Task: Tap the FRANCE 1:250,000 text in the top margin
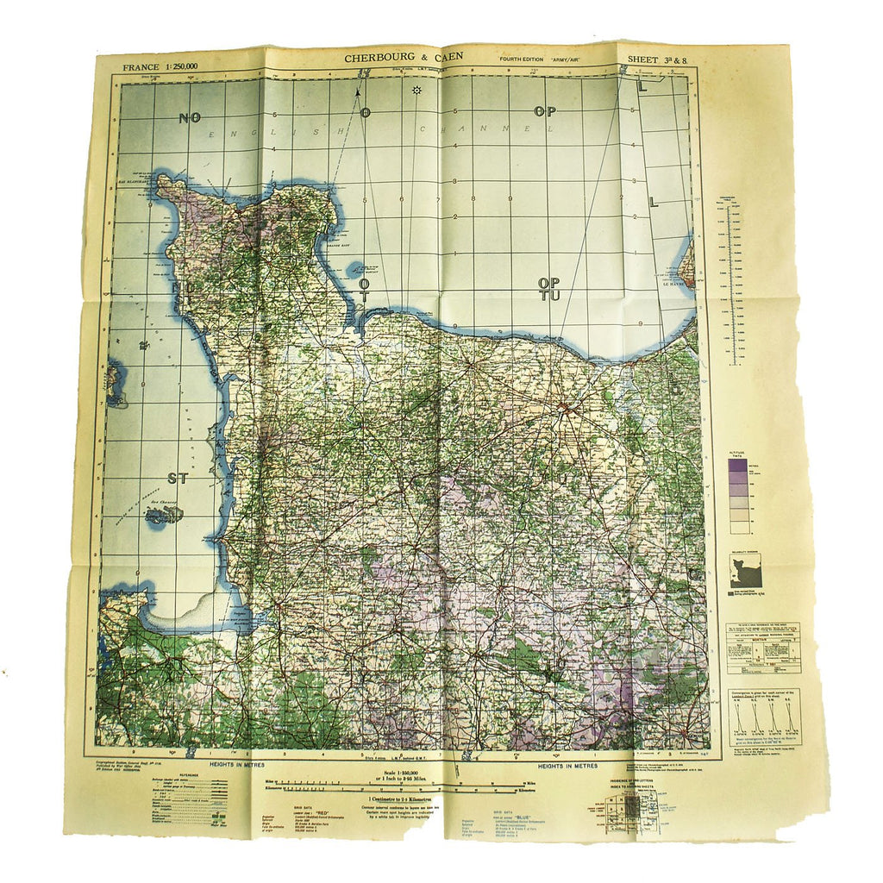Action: point(160,66)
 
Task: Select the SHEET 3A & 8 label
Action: point(660,60)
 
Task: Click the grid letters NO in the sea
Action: point(190,118)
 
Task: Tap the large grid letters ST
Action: point(178,476)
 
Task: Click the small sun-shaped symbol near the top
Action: point(416,90)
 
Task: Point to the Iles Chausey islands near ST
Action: point(165,515)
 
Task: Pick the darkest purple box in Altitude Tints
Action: point(738,466)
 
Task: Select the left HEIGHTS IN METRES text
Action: point(235,764)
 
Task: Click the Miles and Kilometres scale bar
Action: point(405,785)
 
